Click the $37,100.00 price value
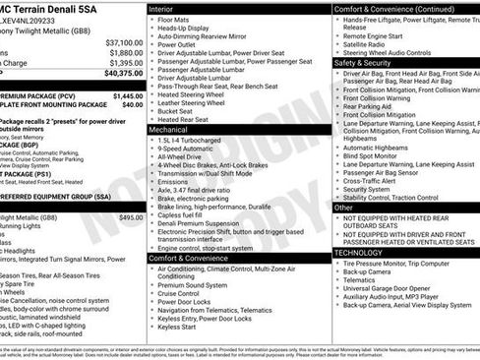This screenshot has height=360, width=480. [x=124, y=42]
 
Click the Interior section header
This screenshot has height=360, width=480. [x=162, y=8]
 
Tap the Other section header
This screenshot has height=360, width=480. [x=343, y=208]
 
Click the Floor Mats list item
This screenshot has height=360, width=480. [x=173, y=19]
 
